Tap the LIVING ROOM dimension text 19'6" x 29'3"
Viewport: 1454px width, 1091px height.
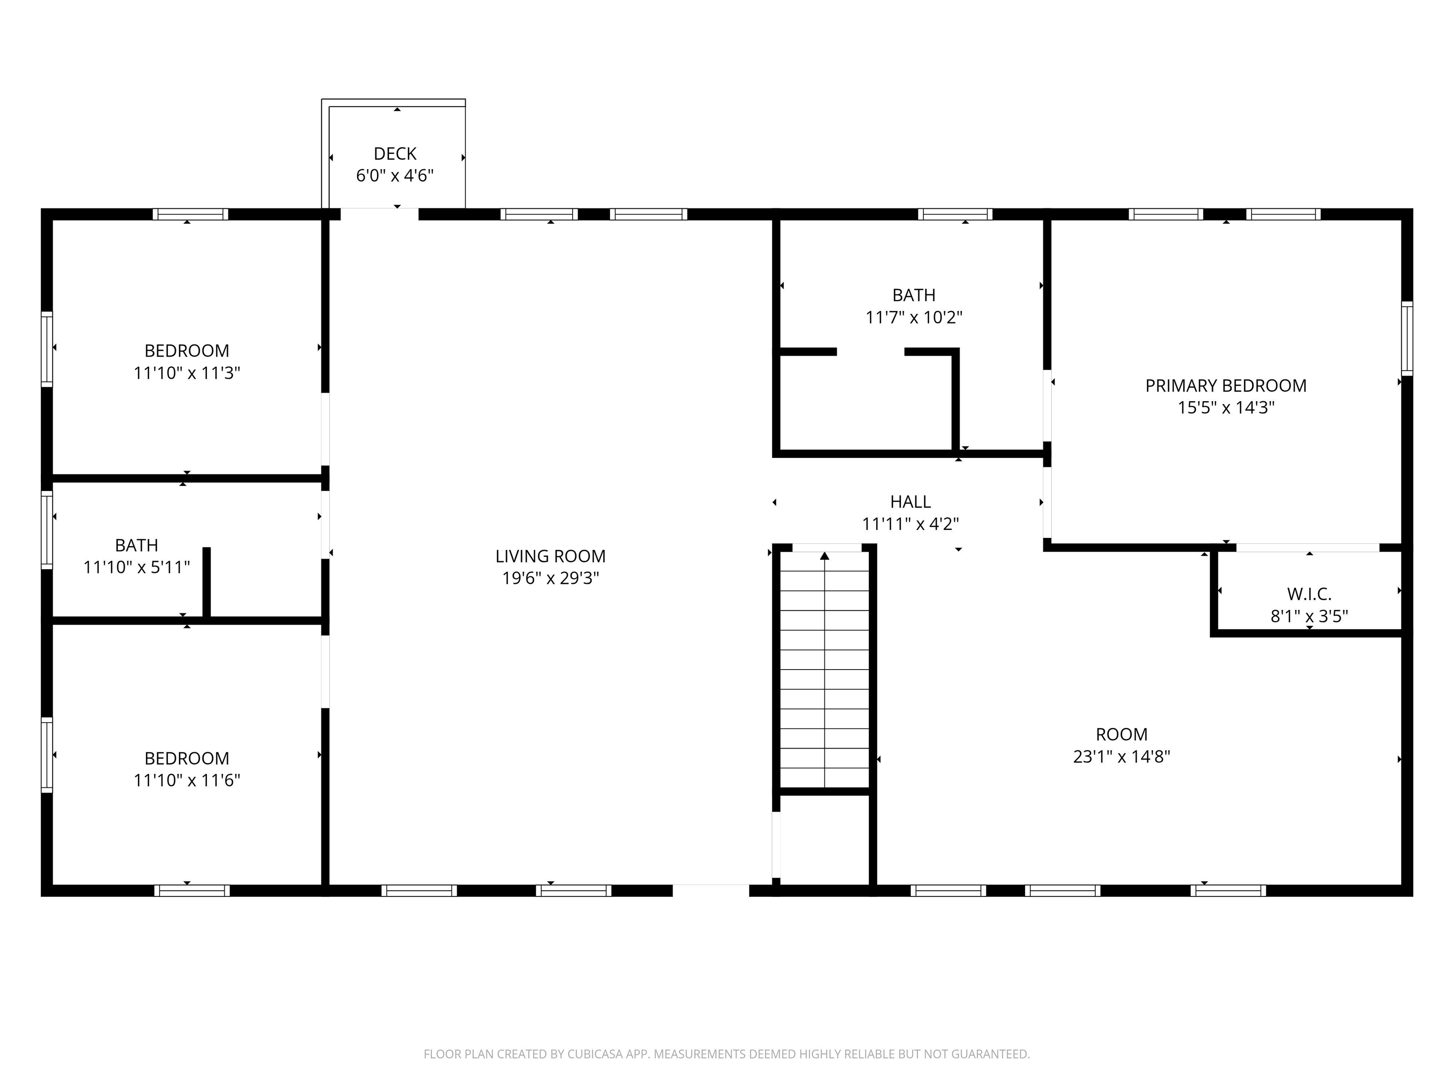click(x=550, y=578)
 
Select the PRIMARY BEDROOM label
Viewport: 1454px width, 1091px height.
click(x=1225, y=385)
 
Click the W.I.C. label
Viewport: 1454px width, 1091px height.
click(x=1309, y=594)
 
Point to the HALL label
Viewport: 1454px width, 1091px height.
click(x=910, y=502)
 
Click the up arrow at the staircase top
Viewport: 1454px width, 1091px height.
click(x=825, y=556)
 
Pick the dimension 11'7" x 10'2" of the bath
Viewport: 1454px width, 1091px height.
click(x=913, y=318)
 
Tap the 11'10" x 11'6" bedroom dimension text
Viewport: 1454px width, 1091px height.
click(x=186, y=780)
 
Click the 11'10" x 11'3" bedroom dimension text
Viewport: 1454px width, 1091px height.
click(x=186, y=373)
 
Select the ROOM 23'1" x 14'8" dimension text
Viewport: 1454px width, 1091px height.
click(x=1121, y=756)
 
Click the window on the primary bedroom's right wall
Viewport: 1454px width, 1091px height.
click(x=1407, y=338)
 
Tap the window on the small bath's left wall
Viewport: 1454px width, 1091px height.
click(x=47, y=529)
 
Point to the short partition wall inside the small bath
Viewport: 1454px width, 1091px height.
click(x=206, y=582)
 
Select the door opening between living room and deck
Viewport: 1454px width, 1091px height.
click(x=379, y=214)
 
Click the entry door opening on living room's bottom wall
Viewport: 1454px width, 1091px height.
click(x=710, y=890)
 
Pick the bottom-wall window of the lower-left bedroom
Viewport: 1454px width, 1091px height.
click(x=192, y=890)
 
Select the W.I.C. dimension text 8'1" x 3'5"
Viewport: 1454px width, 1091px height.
click(x=1309, y=616)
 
